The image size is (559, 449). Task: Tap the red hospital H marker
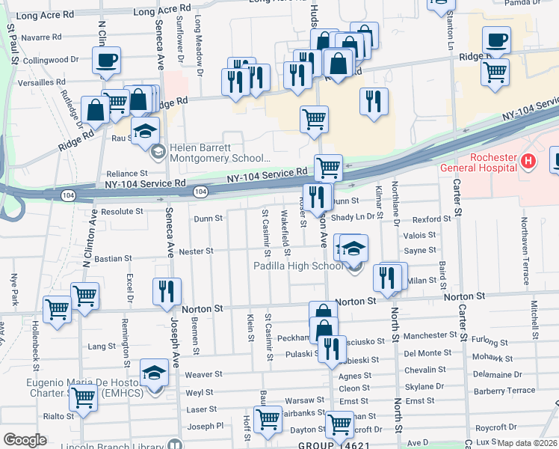point(529,159)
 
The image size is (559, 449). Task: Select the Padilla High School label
point(297,266)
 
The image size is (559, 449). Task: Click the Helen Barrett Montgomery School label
point(219,153)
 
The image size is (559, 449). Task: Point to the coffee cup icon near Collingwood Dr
point(107,60)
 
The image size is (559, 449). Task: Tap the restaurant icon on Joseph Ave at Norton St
point(167,292)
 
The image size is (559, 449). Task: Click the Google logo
point(25,440)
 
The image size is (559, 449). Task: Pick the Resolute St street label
point(122,212)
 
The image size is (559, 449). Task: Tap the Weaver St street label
point(204,374)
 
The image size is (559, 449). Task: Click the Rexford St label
point(432,219)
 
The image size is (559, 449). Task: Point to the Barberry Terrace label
point(504,391)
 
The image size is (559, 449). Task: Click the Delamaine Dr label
point(497,374)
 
